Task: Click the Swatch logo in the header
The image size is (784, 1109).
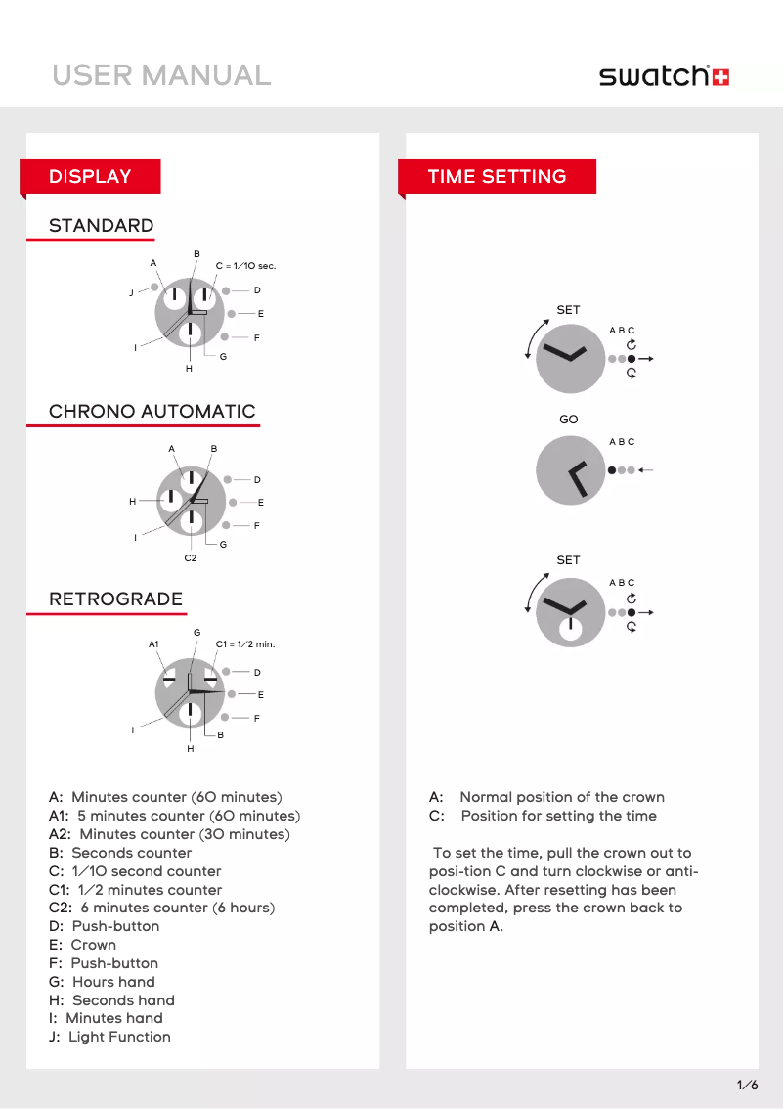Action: click(x=664, y=76)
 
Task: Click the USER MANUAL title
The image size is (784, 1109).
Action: click(x=161, y=75)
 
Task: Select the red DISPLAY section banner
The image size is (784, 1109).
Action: click(x=91, y=177)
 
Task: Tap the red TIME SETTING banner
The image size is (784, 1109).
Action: click(x=497, y=177)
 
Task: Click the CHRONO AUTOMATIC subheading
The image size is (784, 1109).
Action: click(x=152, y=412)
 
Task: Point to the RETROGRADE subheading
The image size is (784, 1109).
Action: click(x=115, y=599)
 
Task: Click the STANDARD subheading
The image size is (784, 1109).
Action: click(x=101, y=226)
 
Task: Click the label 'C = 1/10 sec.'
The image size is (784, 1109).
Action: click(x=245, y=266)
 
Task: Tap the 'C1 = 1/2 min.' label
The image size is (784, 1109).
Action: click(x=244, y=644)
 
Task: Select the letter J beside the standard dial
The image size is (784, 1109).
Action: click(x=131, y=293)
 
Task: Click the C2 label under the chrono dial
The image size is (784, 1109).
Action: click(x=191, y=558)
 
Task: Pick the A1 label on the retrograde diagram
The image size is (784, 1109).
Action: click(x=153, y=644)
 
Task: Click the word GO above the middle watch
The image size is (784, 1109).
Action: click(x=568, y=420)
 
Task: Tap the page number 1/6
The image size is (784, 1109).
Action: click(x=747, y=1085)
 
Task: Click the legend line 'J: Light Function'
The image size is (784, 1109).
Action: click(x=109, y=1037)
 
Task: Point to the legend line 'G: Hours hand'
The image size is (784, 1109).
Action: click(x=102, y=982)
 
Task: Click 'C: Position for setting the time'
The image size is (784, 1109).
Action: click(x=543, y=816)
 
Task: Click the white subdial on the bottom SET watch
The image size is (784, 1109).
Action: click(x=570, y=629)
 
